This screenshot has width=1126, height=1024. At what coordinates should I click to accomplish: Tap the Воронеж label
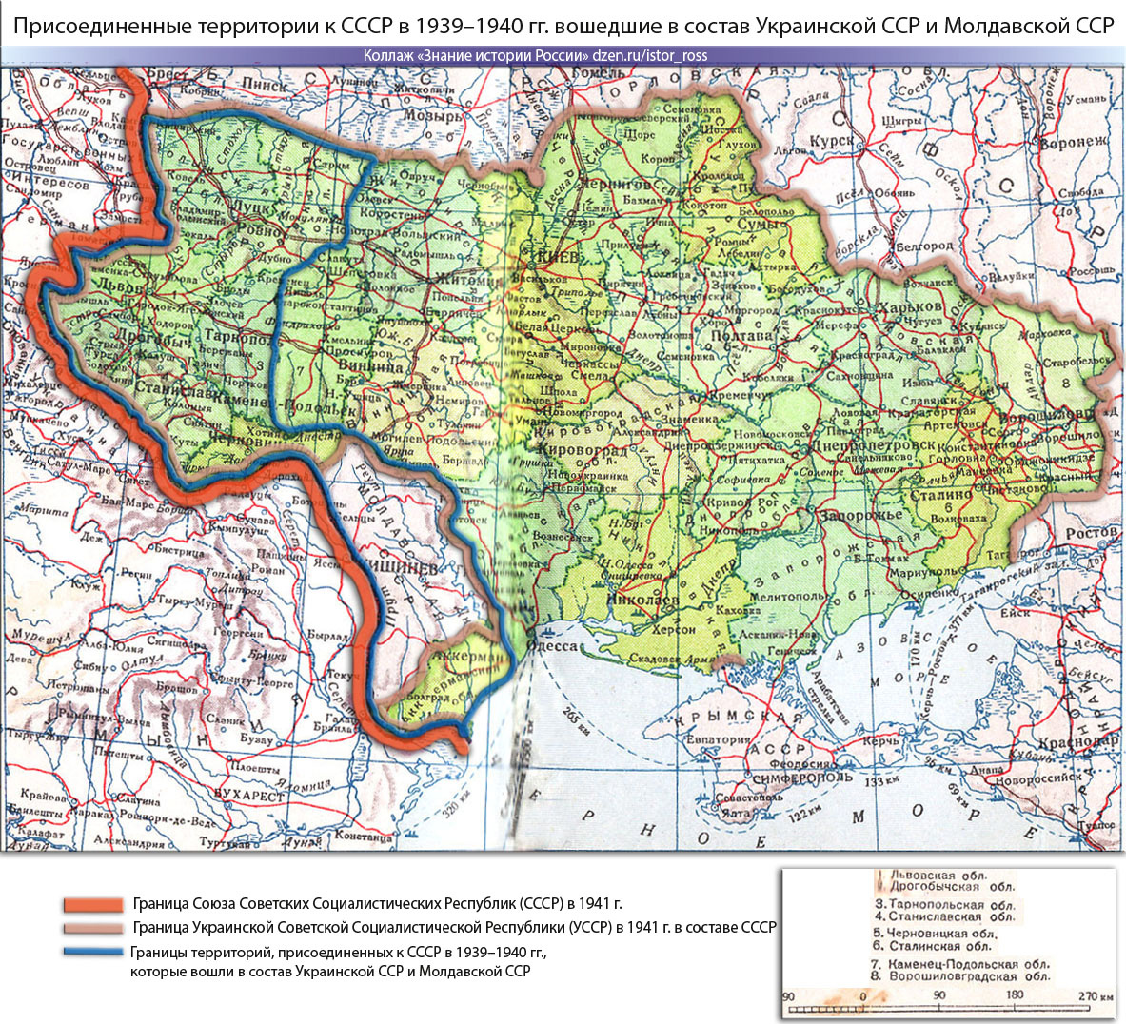tap(1073, 143)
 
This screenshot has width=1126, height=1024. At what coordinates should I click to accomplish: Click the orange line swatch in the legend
tap(92, 904)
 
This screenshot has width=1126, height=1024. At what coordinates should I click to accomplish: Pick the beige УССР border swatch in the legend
tap(92, 928)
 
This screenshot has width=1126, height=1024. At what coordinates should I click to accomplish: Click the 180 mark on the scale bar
tap(1015, 995)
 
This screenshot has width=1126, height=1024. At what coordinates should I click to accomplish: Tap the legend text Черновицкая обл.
tap(935, 934)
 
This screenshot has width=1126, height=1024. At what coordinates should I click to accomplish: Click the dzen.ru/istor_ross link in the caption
tap(649, 55)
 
